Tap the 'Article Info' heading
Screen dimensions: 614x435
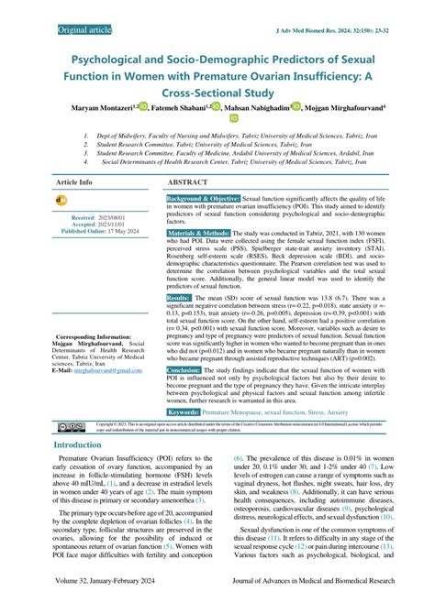tap(74, 182)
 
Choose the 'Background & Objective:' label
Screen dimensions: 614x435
tap(204, 199)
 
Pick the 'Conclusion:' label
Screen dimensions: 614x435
tap(188, 369)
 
